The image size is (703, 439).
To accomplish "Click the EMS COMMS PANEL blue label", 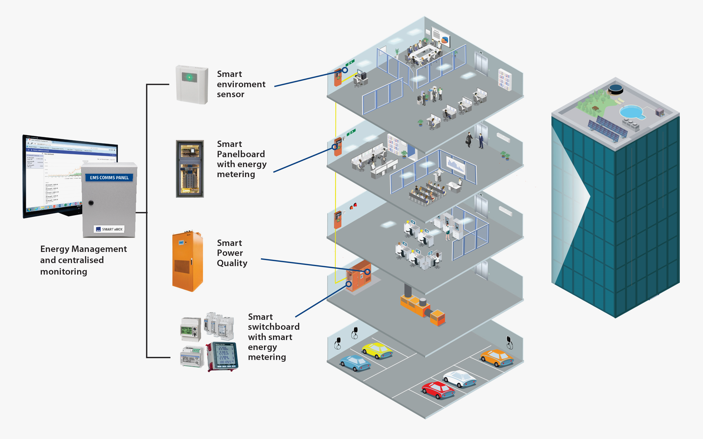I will (x=109, y=178).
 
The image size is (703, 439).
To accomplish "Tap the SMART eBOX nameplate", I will (x=109, y=229).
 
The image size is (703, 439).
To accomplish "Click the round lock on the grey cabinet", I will (x=91, y=203).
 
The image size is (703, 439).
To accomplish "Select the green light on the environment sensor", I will (x=189, y=78).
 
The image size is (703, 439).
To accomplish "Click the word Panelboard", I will (x=241, y=154).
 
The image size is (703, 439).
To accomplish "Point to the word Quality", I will (x=232, y=263).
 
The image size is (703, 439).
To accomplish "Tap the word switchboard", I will (x=274, y=327).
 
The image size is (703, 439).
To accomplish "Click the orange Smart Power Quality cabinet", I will (x=187, y=261).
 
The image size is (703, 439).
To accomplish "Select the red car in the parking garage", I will (x=438, y=390).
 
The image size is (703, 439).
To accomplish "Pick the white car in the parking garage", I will (x=459, y=378).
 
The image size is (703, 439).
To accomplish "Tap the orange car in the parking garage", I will (x=497, y=357).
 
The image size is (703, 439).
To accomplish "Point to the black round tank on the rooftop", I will (x=615, y=89).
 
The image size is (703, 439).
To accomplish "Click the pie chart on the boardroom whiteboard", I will (x=445, y=40).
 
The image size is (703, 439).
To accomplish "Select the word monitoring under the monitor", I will (x=64, y=272).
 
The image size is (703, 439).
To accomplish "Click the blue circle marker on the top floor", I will (x=345, y=70).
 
